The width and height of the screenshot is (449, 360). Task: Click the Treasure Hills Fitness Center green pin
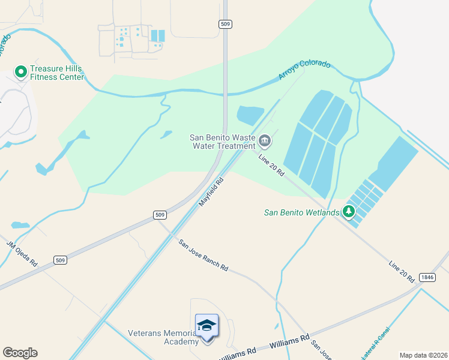[x=21, y=72]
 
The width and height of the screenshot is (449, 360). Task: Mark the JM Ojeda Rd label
[x=22, y=254]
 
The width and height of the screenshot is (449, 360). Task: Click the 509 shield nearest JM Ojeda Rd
[x=59, y=260]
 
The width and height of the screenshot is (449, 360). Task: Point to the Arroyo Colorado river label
[x=304, y=71]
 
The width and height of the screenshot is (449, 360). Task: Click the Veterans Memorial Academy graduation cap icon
[x=207, y=326]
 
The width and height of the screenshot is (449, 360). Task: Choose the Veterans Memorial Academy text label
[x=162, y=337]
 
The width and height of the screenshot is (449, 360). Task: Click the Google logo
[x=20, y=353]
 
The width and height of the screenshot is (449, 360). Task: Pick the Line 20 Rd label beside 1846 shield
[x=401, y=272]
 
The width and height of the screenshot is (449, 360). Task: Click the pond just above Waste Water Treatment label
[x=250, y=114]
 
